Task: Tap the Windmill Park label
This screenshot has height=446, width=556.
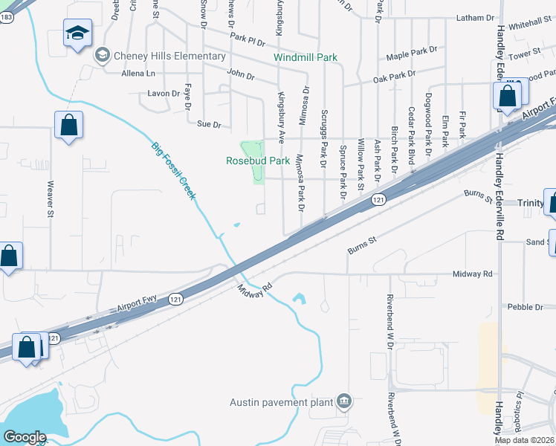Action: [x=305, y=57]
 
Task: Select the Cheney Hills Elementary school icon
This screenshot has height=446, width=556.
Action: [x=101, y=55]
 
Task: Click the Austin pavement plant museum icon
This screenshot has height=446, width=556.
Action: [x=343, y=402]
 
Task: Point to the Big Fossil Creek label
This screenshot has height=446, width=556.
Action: [x=173, y=170]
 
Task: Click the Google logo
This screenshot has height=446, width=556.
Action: [x=25, y=437]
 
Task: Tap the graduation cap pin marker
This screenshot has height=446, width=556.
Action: [x=77, y=34]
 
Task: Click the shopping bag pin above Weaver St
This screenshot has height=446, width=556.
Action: [x=68, y=126]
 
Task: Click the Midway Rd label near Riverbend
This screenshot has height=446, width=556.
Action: [x=473, y=274]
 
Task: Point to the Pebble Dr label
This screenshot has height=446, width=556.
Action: [x=526, y=307]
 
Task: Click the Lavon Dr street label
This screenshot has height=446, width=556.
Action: [x=164, y=94]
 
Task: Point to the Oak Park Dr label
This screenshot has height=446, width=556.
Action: [x=394, y=76]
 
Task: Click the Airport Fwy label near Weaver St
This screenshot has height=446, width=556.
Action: [x=138, y=301]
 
